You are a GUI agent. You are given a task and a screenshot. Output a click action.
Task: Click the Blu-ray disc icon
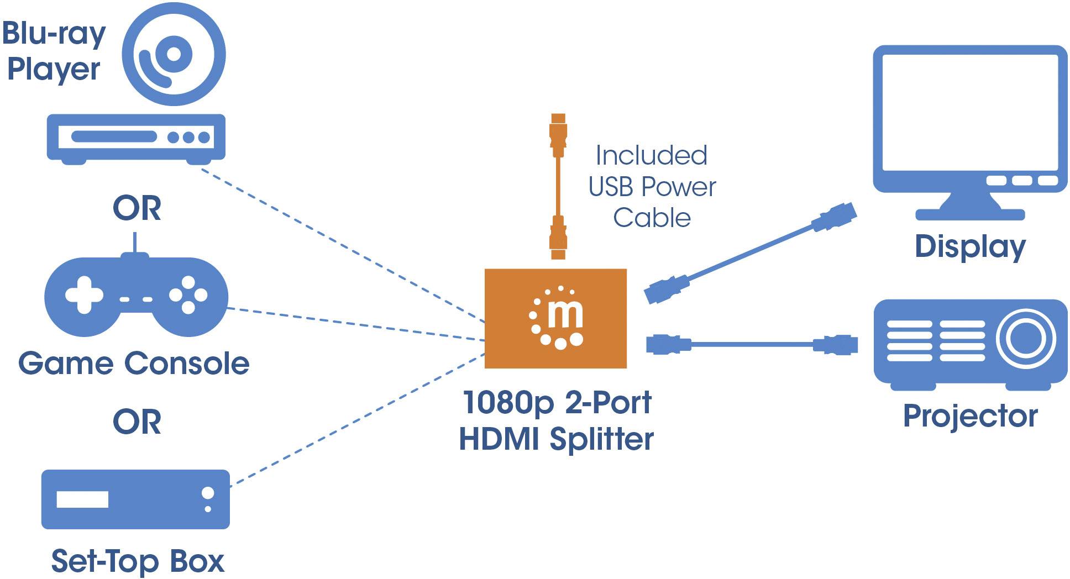[174, 54]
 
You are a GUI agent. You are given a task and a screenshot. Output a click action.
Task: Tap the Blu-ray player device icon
[135, 138]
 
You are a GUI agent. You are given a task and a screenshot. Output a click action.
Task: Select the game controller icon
[135, 296]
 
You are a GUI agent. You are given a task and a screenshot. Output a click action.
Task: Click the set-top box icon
[135, 499]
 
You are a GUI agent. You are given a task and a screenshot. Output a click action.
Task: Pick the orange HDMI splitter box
[555, 318]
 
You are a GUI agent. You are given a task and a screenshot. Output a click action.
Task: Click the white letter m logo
[565, 315]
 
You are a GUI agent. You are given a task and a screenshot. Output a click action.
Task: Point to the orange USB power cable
[558, 186]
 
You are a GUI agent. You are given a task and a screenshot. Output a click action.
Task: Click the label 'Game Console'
[134, 364]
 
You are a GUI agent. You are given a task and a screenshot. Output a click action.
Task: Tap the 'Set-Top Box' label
[138, 561]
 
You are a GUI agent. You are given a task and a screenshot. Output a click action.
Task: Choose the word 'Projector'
[970, 416]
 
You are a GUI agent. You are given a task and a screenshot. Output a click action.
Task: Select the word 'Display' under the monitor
[970, 246]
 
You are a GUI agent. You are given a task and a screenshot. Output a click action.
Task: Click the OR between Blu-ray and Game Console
[137, 208]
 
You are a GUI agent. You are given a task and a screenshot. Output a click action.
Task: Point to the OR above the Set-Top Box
[137, 422]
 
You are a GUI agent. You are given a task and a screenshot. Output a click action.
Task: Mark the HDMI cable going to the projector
[752, 344]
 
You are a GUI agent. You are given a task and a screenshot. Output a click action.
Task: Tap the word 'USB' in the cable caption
[610, 187]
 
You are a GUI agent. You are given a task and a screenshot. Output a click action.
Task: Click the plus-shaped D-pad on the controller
[84, 294]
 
